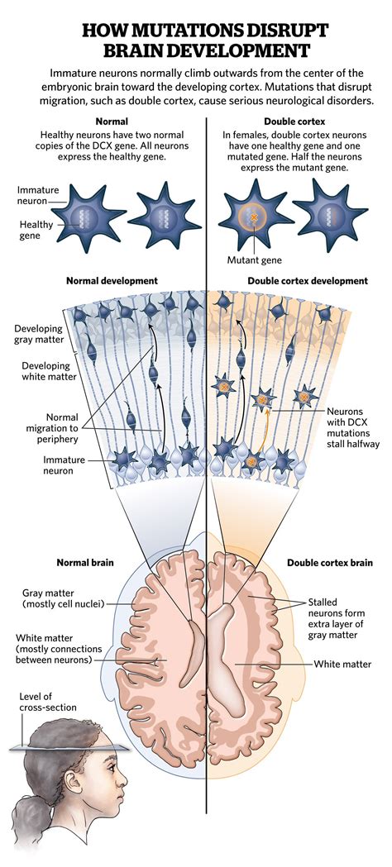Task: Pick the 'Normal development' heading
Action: [x=112, y=281]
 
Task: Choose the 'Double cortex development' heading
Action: [x=308, y=281]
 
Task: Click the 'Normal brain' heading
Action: [x=85, y=563]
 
